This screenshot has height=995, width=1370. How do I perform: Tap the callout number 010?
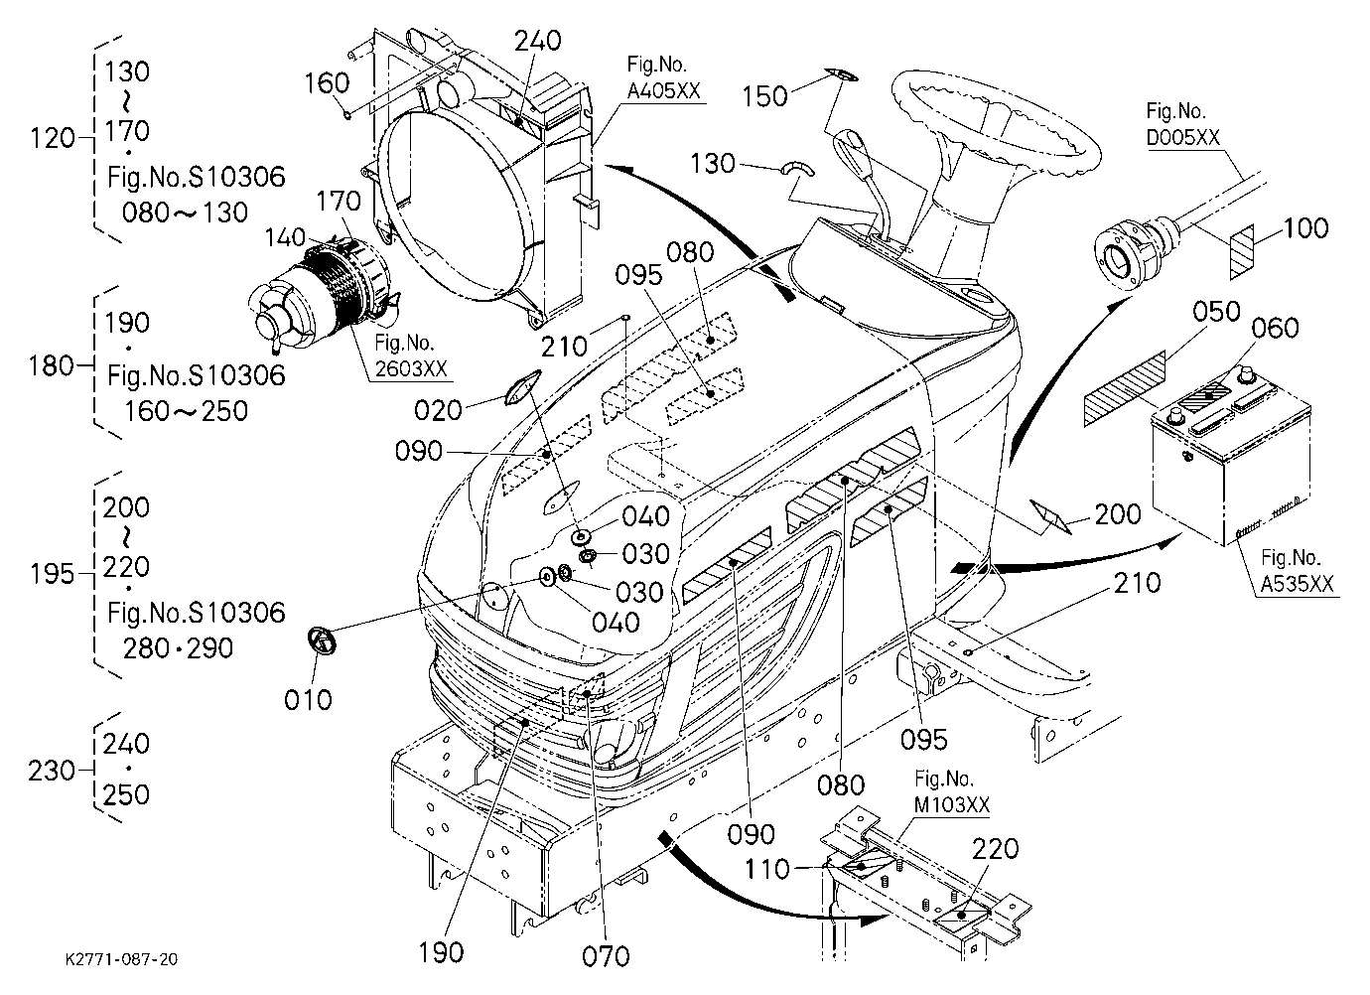coord(308,699)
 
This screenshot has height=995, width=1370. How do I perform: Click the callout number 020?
coord(438,410)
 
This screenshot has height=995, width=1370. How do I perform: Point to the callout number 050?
coord(1216,312)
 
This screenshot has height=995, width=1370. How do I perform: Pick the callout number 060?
coord(1276,328)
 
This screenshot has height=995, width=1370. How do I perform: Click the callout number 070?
coord(606,956)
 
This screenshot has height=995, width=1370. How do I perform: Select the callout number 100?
coord(1305,227)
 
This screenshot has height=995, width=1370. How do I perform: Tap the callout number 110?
coord(767,869)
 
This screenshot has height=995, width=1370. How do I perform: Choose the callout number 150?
coord(764,96)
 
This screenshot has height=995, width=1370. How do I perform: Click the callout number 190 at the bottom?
coord(441,952)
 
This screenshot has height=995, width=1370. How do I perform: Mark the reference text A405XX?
coord(663,90)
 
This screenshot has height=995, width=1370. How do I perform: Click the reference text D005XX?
coord(1182,138)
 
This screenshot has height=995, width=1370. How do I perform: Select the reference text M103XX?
coord(952,805)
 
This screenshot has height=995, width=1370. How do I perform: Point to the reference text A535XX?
coord(1297,585)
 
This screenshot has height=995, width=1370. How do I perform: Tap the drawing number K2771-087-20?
coord(122,959)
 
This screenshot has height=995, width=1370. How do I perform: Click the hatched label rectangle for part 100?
coord(1242,252)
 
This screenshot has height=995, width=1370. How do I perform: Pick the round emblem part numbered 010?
coord(323,641)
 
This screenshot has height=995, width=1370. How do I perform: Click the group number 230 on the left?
coord(52,770)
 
